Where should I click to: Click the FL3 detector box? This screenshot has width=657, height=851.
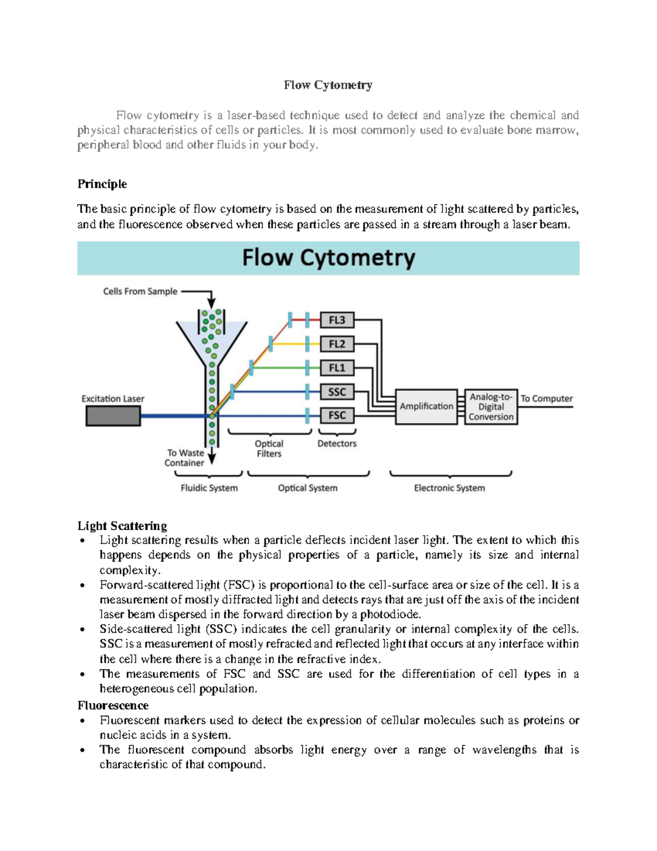coord(337,320)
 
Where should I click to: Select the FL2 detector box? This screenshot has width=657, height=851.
coord(337,344)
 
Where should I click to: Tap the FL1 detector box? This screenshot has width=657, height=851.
coord(337,368)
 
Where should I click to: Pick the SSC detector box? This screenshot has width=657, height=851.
coord(337,392)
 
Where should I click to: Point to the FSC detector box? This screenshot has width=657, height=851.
coord(337,415)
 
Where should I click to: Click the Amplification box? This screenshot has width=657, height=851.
coord(426,407)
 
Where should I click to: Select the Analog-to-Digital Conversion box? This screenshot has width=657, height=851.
coord(491,407)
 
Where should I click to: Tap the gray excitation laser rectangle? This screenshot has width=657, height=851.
coord(113,416)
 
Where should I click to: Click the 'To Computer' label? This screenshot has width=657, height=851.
coord(546,398)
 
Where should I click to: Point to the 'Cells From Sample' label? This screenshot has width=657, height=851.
coord(140,292)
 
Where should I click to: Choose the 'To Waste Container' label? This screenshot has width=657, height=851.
coord(185,458)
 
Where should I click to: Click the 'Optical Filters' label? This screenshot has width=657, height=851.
coord(269,449)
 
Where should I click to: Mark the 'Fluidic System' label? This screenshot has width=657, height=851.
coord(209,488)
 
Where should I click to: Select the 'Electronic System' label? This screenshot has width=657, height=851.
coord(449,488)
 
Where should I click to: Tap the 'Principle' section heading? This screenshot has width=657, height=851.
coord(102,184)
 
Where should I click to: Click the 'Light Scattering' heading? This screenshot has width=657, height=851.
coord(122,526)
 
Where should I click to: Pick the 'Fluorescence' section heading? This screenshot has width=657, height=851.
coord(113,705)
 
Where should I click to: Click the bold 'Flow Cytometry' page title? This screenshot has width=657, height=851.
coord(328,85)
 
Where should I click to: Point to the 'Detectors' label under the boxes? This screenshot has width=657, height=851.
coord(337,443)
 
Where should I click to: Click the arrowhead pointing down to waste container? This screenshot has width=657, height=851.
coord(212,459)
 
